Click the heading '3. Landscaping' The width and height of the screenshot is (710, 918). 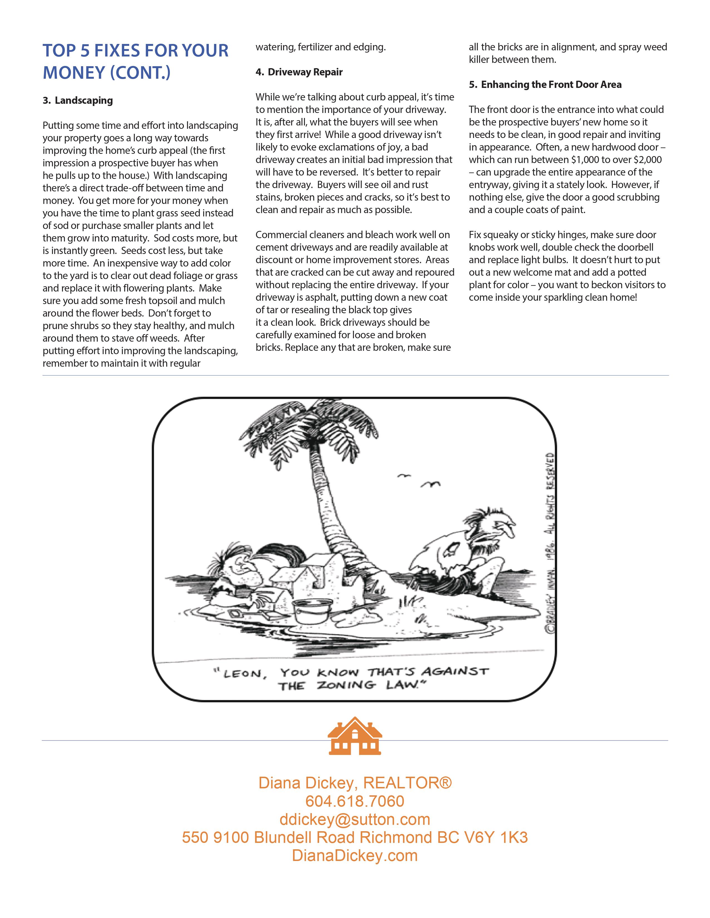[x=78, y=100]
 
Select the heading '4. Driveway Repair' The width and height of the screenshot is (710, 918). [x=299, y=72]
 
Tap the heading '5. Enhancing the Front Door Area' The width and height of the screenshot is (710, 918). [x=545, y=85]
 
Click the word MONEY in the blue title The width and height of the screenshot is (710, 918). [x=73, y=72]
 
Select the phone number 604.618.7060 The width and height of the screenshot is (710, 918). [x=354, y=801]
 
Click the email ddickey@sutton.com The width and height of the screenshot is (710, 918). [x=354, y=819]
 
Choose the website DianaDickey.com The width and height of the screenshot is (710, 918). [x=354, y=856]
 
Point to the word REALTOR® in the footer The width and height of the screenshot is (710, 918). [x=407, y=783]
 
